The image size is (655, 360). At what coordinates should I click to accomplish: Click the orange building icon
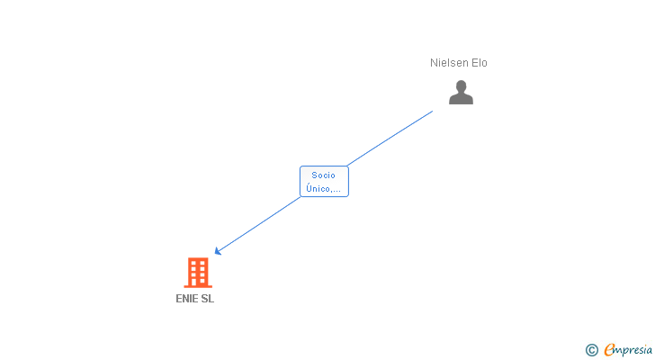pyautogui.click(x=198, y=272)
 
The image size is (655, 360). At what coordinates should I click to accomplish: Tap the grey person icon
pyautogui.click(x=461, y=93)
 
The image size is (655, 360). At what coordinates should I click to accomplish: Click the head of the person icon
pyautogui.click(x=461, y=86)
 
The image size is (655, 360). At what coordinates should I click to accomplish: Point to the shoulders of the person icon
pyautogui.click(x=461, y=100)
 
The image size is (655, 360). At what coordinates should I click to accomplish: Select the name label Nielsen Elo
pyautogui.click(x=459, y=63)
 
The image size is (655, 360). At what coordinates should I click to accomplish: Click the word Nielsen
pyautogui.click(x=449, y=63)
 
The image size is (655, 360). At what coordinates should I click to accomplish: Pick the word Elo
pyautogui.click(x=479, y=63)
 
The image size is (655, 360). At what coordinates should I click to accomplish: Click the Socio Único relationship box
pyautogui.click(x=324, y=182)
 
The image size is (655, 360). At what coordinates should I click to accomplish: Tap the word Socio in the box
pyautogui.click(x=324, y=175)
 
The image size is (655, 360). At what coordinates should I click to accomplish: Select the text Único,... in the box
pyautogui.click(x=324, y=189)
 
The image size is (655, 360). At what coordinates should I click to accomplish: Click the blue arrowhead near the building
pyautogui.click(x=217, y=251)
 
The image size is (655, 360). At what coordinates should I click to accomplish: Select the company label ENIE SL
pyautogui.click(x=195, y=299)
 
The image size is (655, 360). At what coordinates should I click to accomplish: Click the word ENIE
pyautogui.click(x=187, y=299)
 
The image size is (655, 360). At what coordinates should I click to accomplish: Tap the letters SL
pyautogui.click(x=208, y=299)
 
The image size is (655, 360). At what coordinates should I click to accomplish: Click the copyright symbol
pyautogui.click(x=591, y=350)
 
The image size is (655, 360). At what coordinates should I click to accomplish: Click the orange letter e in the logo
pyautogui.click(x=609, y=350)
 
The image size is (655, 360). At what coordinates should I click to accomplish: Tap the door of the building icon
pyautogui.click(x=198, y=283)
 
